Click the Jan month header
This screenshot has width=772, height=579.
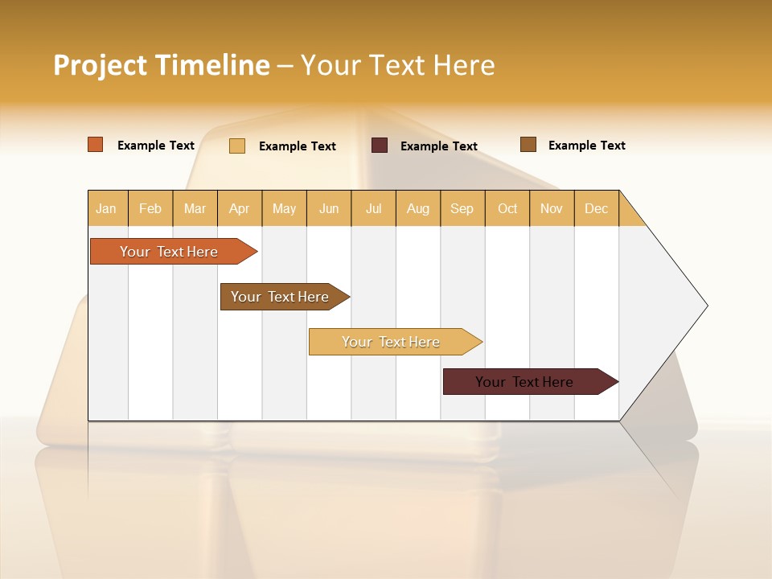107,208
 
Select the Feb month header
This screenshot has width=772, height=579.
150,208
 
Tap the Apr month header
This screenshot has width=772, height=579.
240,208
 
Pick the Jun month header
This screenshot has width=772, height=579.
329,208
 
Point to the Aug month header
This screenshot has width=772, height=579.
418,208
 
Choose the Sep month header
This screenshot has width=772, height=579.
462,208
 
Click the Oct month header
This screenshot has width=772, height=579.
507,208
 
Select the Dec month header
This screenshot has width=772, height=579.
597,208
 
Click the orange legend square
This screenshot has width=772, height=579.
96,145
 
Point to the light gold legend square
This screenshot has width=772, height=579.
237,146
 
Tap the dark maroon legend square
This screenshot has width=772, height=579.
380,146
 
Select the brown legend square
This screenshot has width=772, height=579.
528,145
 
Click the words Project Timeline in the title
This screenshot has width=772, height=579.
162,65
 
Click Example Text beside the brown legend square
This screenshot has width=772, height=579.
586,146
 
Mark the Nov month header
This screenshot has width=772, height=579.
552,208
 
